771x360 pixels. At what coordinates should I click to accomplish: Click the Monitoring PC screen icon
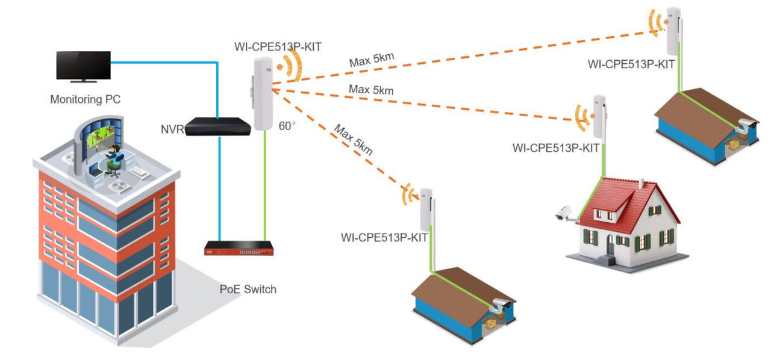[83, 65]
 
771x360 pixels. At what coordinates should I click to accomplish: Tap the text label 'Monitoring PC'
[85, 99]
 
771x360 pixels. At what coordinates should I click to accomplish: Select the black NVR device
[217, 126]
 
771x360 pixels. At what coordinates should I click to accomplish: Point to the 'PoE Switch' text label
[248, 289]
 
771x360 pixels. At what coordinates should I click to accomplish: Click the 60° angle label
[287, 126]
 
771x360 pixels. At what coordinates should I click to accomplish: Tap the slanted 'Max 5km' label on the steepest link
[353, 140]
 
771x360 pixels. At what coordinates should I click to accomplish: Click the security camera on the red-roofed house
[564, 213]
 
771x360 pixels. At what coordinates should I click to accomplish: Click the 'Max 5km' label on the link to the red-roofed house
[371, 90]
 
